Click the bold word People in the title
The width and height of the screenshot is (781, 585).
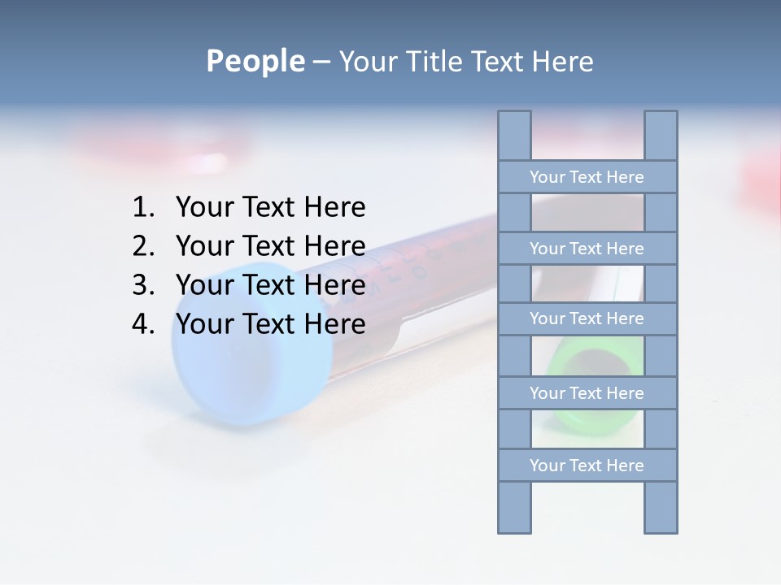pos(255,61)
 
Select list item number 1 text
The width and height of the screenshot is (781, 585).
pos(270,207)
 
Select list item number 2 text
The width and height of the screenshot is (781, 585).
pos(270,245)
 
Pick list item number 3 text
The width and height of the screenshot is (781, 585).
pos(270,284)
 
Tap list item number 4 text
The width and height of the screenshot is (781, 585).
pos(270,323)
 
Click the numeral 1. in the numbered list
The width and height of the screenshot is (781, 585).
pos(143,207)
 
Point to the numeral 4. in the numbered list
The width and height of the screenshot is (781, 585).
pos(143,323)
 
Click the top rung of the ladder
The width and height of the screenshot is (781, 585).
pos(587,177)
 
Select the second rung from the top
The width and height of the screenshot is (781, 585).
pos(587,249)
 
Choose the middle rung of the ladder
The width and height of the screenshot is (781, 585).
pos(587,318)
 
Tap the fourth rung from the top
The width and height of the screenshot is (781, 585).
pos(587,393)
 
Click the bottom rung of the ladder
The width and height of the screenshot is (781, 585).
pos(587,466)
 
